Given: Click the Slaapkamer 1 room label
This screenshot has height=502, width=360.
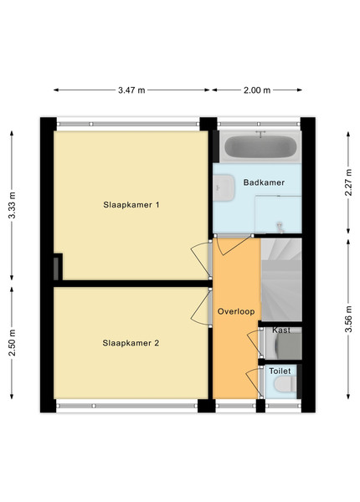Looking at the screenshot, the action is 131,205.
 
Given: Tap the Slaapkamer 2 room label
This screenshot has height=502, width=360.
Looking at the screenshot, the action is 131,343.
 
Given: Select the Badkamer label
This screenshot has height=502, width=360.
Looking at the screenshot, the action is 264,182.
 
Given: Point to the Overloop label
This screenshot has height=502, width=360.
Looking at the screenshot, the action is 236,311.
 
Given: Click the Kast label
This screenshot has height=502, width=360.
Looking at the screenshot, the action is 281,330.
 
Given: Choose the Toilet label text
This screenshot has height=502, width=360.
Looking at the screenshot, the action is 280,371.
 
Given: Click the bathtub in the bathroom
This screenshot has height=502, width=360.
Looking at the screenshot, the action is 260,146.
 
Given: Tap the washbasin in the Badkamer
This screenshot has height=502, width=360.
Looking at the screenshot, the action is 224,187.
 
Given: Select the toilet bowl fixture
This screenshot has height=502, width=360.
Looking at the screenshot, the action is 285,384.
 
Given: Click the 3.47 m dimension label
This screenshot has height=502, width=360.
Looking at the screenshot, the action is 131,90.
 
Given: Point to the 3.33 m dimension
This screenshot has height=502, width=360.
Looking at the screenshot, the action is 12,205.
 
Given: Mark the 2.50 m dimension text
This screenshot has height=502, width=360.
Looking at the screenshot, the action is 12,342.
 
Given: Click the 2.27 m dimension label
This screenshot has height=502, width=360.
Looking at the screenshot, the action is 348,182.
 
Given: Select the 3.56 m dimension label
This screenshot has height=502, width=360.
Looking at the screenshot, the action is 348,320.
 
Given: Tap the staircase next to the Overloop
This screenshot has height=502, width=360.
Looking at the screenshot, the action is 281,279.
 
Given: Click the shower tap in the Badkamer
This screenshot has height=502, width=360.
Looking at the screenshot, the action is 280,227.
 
